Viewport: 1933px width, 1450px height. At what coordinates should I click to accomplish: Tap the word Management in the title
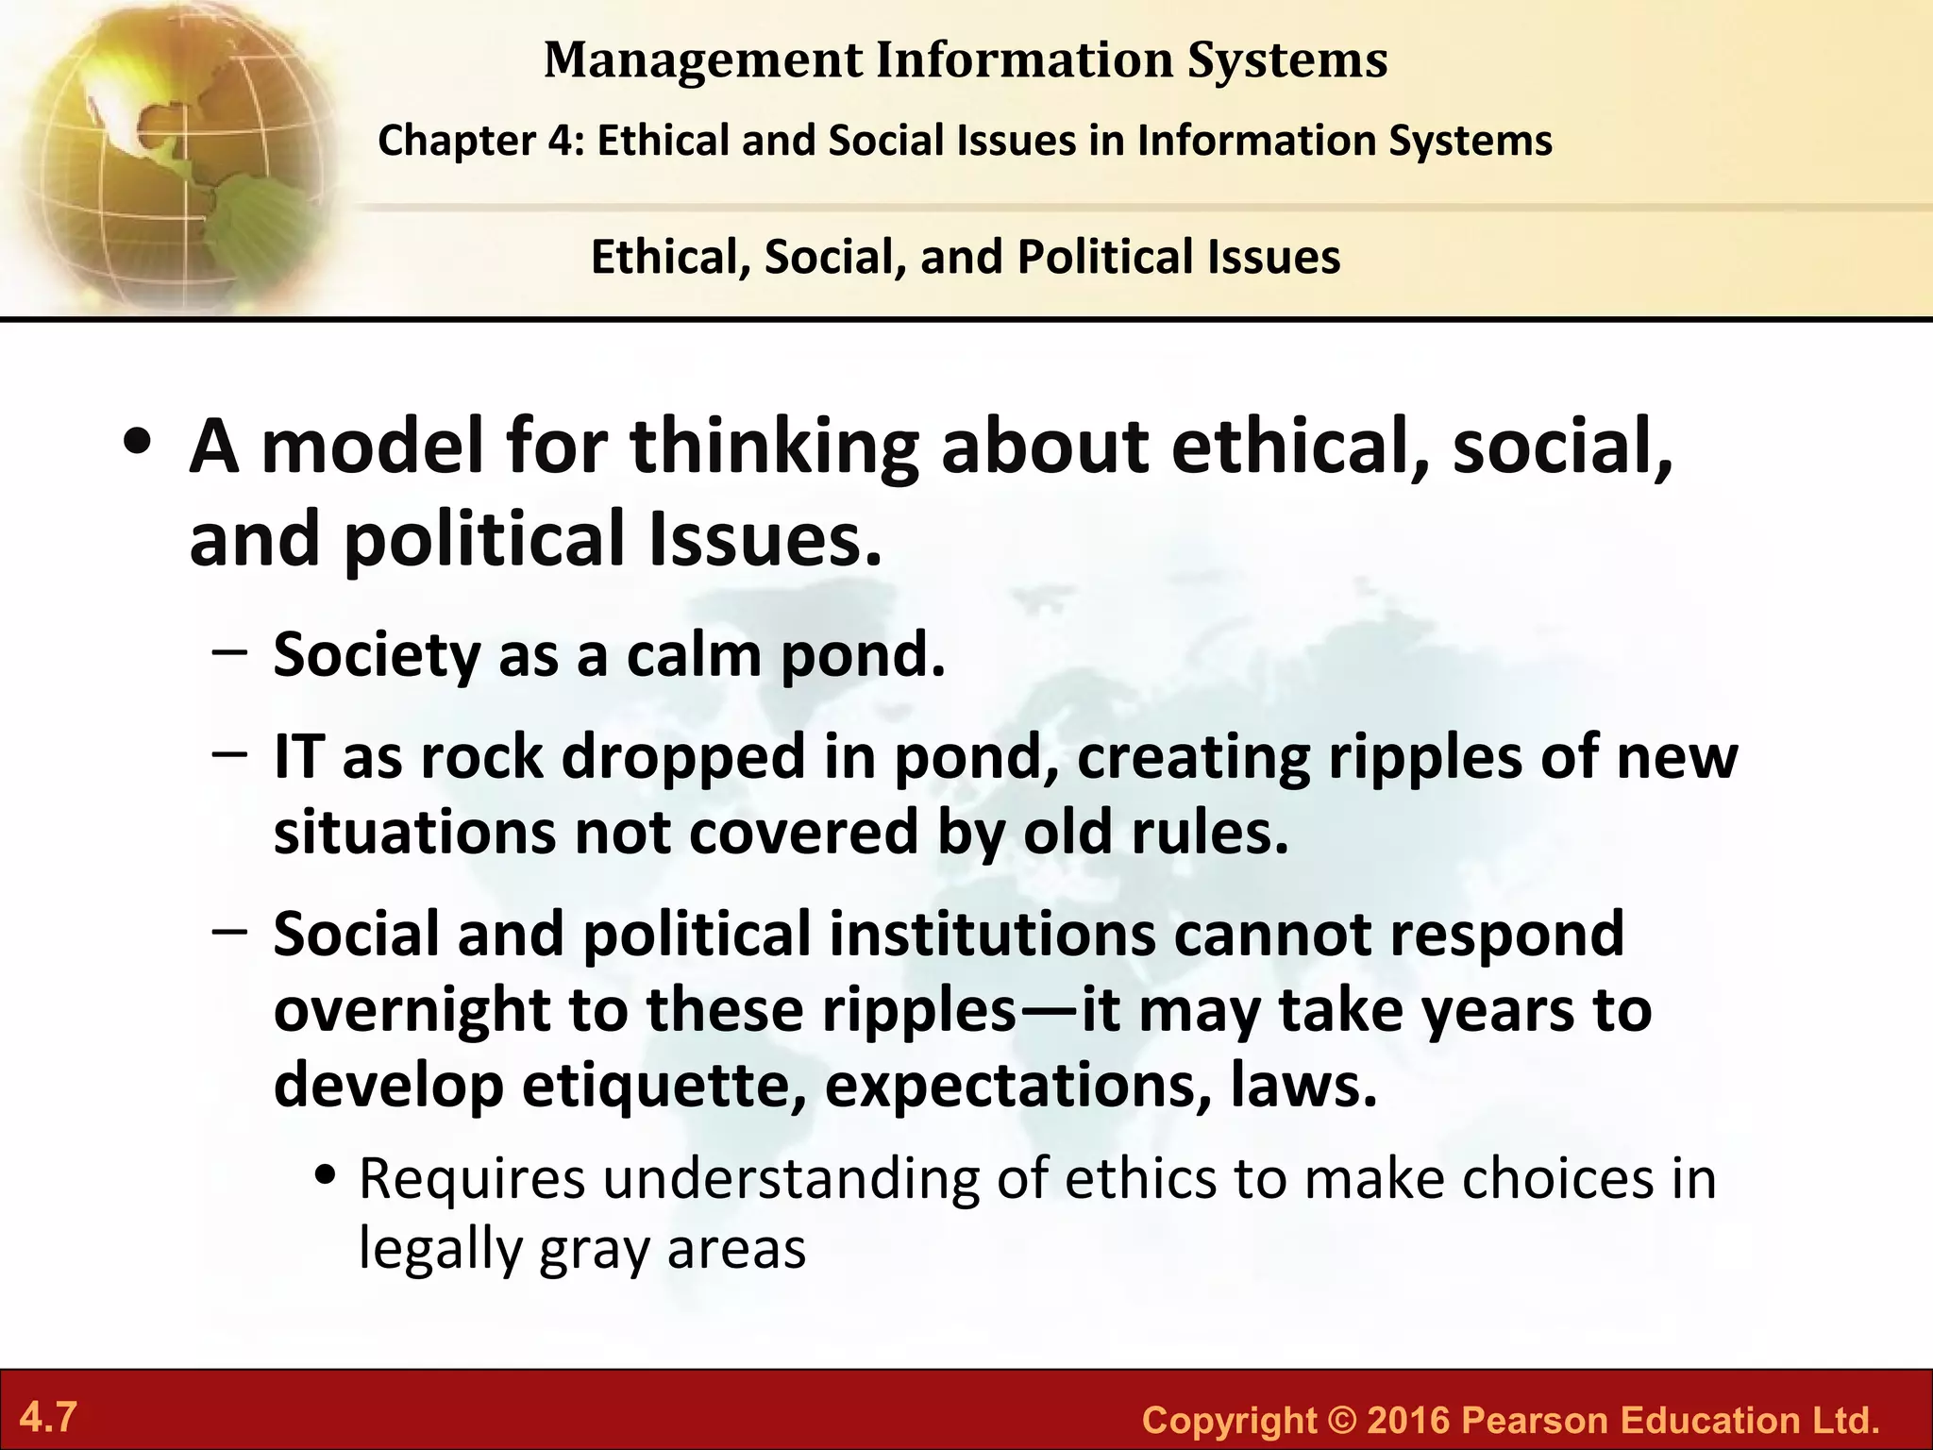(703, 60)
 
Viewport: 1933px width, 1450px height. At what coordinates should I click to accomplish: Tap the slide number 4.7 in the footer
(48, 1417)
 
